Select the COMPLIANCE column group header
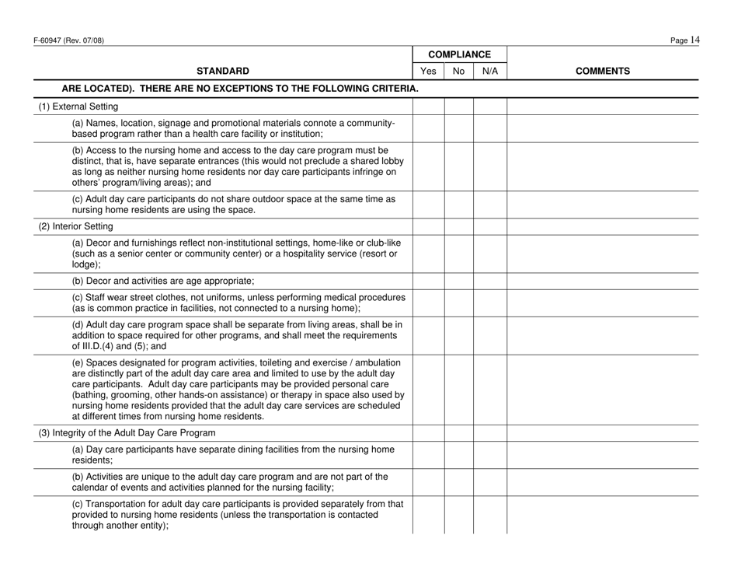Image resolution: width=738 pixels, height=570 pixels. coord(460,54)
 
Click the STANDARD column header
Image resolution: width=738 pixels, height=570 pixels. coord(222,72)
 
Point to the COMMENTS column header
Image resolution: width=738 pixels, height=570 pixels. coord(602,72)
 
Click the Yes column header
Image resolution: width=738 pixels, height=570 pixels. coord(427,72)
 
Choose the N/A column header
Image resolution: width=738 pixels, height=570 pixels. coord(489,72)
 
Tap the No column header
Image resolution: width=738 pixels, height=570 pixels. coord(458,72)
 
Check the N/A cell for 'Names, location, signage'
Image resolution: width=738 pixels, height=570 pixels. coord(489,128)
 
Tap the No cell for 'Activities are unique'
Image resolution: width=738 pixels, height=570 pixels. coord(458,482)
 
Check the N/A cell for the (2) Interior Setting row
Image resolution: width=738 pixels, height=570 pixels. coord(489,226)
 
